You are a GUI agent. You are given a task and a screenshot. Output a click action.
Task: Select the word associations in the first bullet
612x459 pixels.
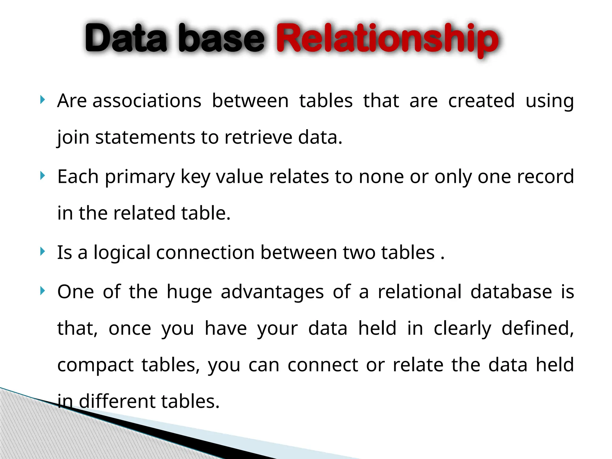click(147, 101)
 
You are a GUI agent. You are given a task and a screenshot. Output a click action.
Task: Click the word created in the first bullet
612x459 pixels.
click(481, 101)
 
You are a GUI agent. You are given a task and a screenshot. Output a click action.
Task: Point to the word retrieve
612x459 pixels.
click(258, 137)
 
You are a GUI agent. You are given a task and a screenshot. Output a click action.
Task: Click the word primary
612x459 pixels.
click(140, 177)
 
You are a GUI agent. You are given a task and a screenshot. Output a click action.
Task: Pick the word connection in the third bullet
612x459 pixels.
click(205, 253)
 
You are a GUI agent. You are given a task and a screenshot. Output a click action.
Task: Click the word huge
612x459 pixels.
click(189, 292)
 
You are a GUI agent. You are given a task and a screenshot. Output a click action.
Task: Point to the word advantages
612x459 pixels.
click(272, 292)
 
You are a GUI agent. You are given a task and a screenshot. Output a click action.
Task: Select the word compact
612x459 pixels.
click(95, 365)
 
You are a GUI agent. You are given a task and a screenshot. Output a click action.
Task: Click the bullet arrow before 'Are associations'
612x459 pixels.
click(42, 100)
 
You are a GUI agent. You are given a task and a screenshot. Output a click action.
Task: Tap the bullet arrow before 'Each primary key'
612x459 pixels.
click(42, 176)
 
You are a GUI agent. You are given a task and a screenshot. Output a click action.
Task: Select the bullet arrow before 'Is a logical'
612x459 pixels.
click(42, 252)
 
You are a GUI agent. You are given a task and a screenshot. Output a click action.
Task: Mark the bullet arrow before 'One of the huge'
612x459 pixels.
click(42, 291)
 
